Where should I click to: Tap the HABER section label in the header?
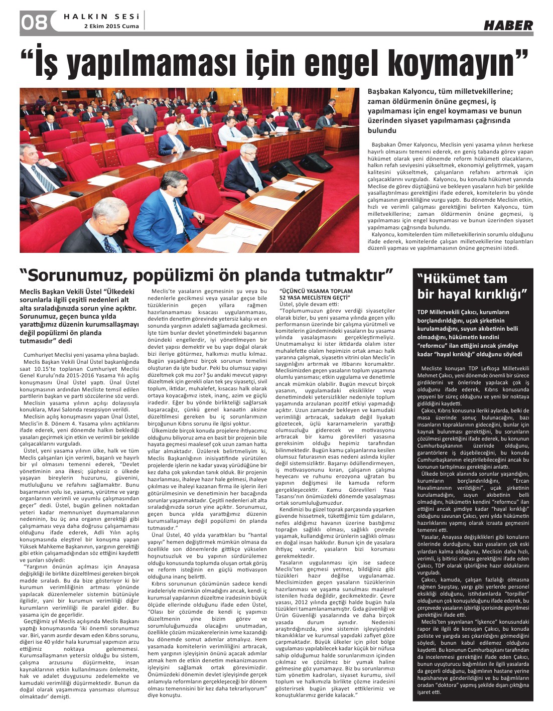(x=508, y=25)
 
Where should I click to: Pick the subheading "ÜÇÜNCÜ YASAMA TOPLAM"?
(x=316, y=291)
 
